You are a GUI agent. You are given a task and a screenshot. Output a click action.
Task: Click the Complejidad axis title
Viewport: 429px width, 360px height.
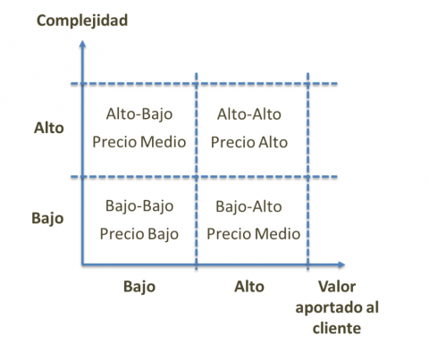click(82, 21)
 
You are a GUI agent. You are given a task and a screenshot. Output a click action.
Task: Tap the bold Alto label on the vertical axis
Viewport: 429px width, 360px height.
click(49, 128)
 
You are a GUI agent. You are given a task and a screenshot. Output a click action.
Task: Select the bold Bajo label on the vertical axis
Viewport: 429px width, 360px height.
click(47, 219)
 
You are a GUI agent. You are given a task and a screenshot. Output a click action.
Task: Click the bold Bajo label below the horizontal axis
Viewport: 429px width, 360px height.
click(139, 287)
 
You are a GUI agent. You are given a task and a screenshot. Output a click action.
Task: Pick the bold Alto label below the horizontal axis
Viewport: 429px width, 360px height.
click(249, 287)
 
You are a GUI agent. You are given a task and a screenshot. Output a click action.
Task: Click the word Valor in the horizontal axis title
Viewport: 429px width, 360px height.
click(337, 287)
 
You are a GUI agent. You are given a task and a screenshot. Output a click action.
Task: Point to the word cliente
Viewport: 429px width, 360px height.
click(337, 328)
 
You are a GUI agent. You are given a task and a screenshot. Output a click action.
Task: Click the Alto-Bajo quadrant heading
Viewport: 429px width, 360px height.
click(139, 114)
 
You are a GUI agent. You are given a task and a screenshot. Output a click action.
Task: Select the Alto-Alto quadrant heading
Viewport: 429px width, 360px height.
click(249, 114)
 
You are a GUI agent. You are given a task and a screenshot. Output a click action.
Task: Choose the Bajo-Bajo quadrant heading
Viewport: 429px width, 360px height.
click(139, 206)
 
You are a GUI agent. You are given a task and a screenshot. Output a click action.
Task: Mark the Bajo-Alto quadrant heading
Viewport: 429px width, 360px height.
click(248, 206)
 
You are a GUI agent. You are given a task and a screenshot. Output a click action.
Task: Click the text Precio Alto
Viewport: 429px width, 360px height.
click(249, 142)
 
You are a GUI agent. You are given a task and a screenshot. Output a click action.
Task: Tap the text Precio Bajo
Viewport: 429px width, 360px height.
click(139, 234)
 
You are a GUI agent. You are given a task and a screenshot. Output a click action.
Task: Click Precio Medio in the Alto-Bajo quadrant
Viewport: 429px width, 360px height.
click(139, 142)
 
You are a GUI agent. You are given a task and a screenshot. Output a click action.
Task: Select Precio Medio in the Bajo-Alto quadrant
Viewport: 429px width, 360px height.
click(254, 234)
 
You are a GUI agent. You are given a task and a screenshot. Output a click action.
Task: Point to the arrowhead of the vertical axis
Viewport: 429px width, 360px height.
click(82, 44)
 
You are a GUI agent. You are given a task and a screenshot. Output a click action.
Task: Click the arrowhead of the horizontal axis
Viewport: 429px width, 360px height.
click(341, 264)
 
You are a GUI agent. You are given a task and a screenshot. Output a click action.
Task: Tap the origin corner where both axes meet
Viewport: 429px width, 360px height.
click(82, 264)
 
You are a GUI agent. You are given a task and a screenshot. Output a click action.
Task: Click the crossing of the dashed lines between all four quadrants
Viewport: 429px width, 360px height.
click(196, 177)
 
